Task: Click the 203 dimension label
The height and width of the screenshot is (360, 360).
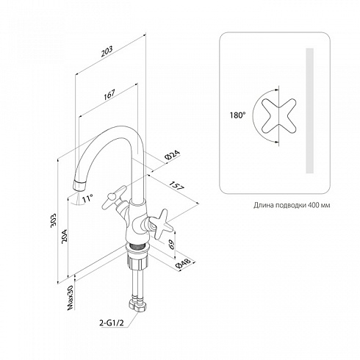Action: pyautogui.click(x=107, y=51)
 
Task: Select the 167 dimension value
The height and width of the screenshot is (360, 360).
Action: pyautogui.click(x=109, y=94)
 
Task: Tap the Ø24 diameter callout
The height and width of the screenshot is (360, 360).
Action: pyautogui.click(x=173, y=155)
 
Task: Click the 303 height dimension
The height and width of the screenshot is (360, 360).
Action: pyautogui.click(x=53, y=220)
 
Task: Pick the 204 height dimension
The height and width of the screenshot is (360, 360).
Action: pyautogui.click(x=64, y=236)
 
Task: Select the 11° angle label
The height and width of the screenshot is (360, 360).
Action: pyautogui.click(x=87, y=198)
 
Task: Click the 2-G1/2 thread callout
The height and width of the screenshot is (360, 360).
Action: pyautogui.click(x=112, y=323)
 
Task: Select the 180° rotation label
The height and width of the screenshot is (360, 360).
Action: pyautogui.click(x=237, y=115)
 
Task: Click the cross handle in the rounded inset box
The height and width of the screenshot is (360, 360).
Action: pyautogui.click(x=278, y=116)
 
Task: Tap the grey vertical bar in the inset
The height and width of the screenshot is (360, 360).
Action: pyautogui.click(x=310, y=111)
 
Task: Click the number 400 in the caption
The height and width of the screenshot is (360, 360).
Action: pyautogui.click(x=312, y=205)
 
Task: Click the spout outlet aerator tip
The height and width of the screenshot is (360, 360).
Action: pyautogui.click(x=79, y=185)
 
